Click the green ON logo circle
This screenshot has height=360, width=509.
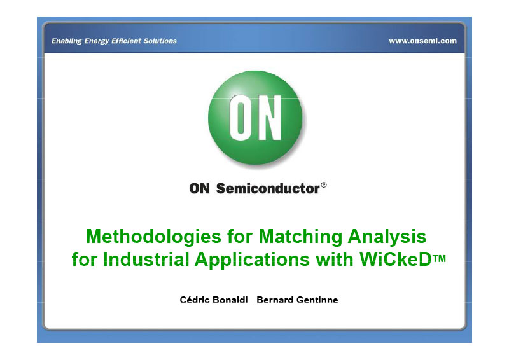click(255, 118)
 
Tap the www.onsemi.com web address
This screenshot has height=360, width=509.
click(422, 41)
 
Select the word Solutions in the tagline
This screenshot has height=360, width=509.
click(160, 41)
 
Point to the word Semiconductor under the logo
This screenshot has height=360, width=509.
click(268, 189)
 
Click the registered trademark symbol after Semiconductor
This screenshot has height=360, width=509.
click(324, 185)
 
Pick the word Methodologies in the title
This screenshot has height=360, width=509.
click(153, 237)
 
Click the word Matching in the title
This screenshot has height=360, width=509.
click(300, 237)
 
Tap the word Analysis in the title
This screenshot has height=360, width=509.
click(387, 237)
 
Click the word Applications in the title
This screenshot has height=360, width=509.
click(252, 260)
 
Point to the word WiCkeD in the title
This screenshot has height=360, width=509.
click(395, 260)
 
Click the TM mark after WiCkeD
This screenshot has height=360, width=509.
click(439, 258)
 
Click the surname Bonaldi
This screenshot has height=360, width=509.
click(230, 300)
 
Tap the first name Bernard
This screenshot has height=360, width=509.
click(275, 300)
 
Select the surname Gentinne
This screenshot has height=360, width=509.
click(317, 300)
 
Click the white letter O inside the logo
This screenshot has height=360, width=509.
click(241, 118)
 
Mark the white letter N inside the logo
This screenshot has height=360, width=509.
click(268, 118)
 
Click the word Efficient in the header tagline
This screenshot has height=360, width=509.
click(126, 41)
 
